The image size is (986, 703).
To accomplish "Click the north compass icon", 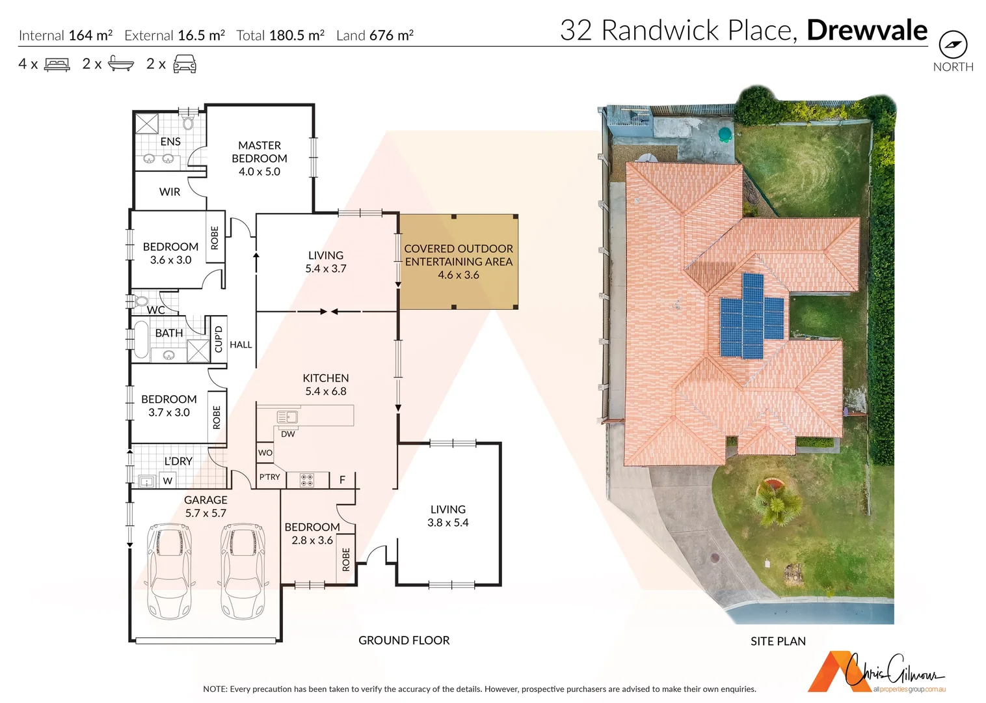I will coord(953,45).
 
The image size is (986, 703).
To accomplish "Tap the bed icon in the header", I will coord(57,64).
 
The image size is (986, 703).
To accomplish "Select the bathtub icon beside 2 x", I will coord(121,64).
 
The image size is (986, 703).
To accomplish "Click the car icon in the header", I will coord(185,64).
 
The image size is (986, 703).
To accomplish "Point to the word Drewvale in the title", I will coord(866,31).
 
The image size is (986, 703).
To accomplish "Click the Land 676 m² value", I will coord(375,35).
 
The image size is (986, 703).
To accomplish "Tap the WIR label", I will coord(170,192).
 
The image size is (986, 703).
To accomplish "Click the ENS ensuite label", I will coord(170,141).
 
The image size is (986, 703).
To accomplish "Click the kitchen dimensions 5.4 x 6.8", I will coord(326,391).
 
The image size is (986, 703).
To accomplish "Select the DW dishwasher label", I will coord(287,434).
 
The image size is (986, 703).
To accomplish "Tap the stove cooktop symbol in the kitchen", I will coord(306,480).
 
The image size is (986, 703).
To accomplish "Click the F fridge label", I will coord(342,480).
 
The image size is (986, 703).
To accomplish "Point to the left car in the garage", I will coord(170,571).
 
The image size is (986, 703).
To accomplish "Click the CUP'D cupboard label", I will coord(219,338).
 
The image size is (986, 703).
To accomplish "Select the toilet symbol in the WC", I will coord(140,301).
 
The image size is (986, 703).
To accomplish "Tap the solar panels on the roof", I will coord(752,316).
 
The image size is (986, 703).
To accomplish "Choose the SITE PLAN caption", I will coord(778,641).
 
